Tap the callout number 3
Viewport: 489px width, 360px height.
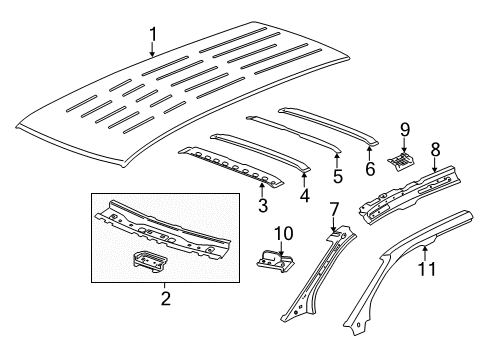[x=262, y=205]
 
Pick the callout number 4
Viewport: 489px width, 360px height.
[x=304, y=196]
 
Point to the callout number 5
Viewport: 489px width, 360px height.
[x=337, y=177]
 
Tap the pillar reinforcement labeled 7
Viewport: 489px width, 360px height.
[x=315, y=280]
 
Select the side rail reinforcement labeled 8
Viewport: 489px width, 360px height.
[x=410, y=190]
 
